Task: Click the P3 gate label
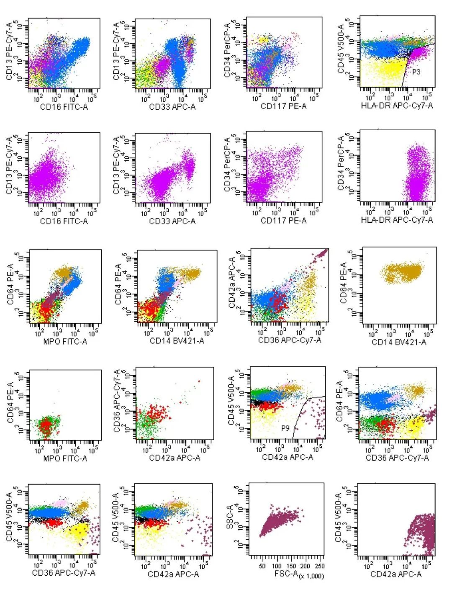click(416, 72)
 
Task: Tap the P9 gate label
click(285, 428)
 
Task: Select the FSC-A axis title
click(286, 573)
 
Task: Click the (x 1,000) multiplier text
click(311, 576)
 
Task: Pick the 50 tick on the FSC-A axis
click(262, 566)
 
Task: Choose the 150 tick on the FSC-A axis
click(291, 566)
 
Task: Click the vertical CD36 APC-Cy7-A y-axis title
click(117, 401)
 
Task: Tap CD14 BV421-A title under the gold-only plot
click(399, 342)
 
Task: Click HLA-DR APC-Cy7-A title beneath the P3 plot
click(397, 106)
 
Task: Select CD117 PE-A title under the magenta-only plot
click(283, 220)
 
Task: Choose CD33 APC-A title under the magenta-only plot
click(172, 221)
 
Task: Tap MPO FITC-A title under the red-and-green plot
click(65, 458)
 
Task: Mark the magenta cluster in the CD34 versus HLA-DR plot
click(417, 176)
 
